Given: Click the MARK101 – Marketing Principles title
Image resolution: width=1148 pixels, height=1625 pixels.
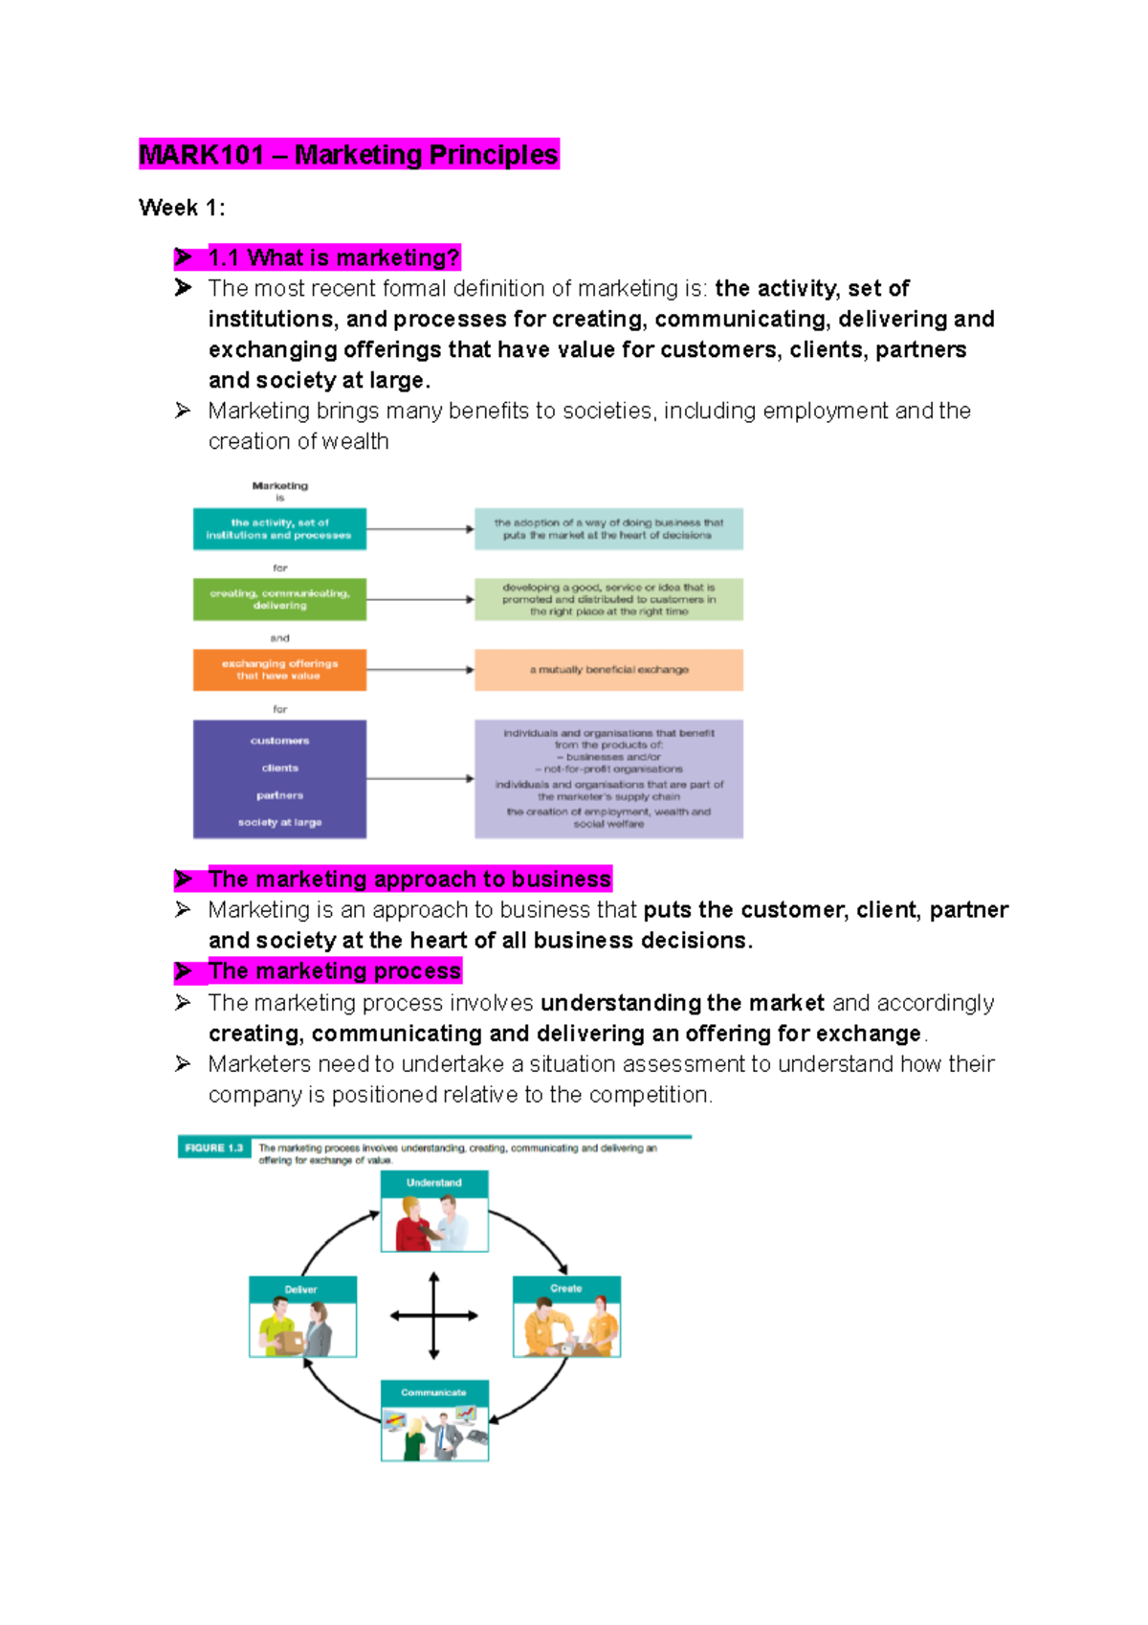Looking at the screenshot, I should (x=348, y=155).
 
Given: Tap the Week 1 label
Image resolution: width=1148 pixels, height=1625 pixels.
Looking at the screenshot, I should (x=182, y=208).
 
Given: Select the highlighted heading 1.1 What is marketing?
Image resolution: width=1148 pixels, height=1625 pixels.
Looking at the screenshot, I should (x=333, y=257).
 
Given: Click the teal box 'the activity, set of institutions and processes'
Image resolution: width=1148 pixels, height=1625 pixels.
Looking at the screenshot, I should (x=279, y=529).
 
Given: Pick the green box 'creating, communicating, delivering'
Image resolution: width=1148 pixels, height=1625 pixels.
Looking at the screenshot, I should (x=279, y=599).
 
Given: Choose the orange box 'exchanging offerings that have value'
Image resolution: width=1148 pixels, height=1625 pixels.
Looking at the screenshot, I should (x=279, y=670).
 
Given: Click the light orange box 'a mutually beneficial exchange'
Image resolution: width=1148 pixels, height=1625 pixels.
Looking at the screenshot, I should (x=608, y=670).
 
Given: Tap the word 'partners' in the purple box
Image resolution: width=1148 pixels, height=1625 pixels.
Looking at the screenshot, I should (x=279, y=795).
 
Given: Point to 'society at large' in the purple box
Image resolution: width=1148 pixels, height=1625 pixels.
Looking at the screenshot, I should (x=279, y=822).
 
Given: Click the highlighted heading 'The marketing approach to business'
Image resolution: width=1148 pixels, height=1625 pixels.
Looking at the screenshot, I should (x=408, y=879).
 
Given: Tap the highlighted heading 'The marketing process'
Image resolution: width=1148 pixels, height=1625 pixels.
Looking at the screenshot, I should (x=334, y=971).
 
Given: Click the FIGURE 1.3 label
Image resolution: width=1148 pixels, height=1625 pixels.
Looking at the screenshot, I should (x=213, y=1147).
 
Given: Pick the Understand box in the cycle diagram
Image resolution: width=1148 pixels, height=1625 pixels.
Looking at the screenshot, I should (x=434, y=1212).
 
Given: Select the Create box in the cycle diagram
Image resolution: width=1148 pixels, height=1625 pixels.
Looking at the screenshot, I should (x=566, y=1317).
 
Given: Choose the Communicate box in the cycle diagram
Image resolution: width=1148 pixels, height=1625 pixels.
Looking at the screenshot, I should (x=434, y=1420).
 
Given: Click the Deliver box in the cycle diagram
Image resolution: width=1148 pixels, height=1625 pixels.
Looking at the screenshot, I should (x=302, y=1317).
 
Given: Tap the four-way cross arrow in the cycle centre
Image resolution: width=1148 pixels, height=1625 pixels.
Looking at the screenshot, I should (x=434, y=1316).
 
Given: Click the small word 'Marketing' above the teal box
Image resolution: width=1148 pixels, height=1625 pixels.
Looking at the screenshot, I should (x=279, y=486).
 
